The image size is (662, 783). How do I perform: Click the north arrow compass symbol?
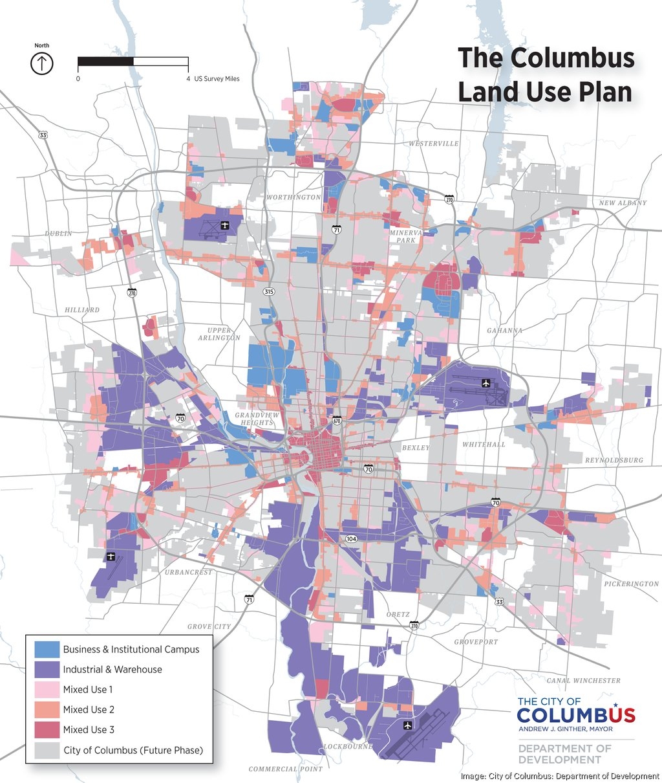tap(42, 63)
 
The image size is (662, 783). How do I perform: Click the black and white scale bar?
tap(133, 61)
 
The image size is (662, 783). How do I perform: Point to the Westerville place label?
tap(433, 144)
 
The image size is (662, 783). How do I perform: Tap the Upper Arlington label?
tap(219, 334)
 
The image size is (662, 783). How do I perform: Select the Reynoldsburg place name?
tap(614, 460)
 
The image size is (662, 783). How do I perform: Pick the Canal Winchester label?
tap(583, 680)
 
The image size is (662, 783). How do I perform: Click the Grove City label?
tap(209, 626)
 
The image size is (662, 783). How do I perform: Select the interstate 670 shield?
tap(336, 421)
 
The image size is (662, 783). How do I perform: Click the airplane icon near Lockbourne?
tap(407, 725)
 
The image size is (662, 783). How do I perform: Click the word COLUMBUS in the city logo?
tap(575, 715)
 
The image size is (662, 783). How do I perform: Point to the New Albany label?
tap(622, 203)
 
